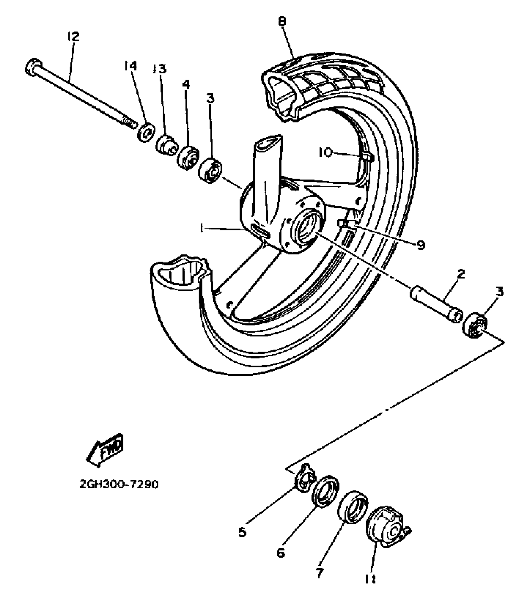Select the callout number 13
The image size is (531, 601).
(160, 69)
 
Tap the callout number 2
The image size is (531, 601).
(461, 274)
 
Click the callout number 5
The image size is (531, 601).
(242, 532)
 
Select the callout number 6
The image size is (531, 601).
(281, 553)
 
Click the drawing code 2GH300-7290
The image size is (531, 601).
(119, 485)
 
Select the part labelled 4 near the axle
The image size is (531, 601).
(188, 157)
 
